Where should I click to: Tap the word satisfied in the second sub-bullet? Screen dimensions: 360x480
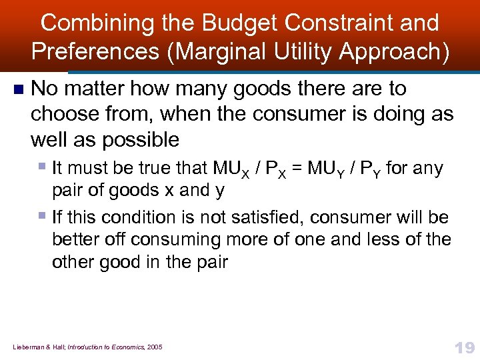click(x=260, y=217)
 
